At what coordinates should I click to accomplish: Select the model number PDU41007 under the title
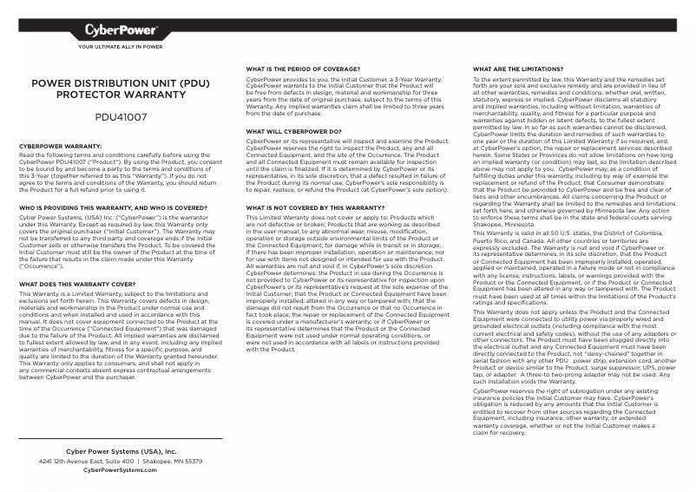pyautogui.click(x=121, y=115)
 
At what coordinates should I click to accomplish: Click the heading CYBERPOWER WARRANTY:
pyautogui.click(x=61, y=147)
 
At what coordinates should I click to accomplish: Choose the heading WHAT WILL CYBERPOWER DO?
pyautogui.click(x=293, y=131)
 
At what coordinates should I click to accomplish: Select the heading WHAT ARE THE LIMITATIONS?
pyautogui.click(x=517, y=68)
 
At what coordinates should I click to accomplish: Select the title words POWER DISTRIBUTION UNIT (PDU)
pyautogui.click(x=121, y=84)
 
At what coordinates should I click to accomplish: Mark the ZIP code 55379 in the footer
pyautogui.click(x=189, y=462)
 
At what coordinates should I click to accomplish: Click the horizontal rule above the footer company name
pyautogui.click(x=121, y=439)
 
